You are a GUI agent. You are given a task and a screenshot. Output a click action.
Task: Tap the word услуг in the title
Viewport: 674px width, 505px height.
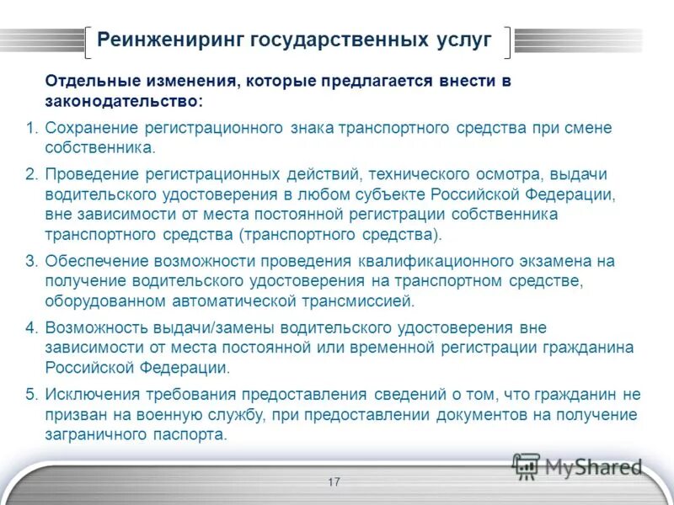point(464,40)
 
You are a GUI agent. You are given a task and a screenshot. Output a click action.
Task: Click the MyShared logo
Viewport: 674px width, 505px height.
point(577,465)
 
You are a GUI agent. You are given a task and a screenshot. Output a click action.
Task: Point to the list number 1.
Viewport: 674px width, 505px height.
point(31,129)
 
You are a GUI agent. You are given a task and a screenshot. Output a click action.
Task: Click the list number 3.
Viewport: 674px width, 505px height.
point(31,261)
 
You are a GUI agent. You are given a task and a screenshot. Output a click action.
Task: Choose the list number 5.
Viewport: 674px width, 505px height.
point(31,395)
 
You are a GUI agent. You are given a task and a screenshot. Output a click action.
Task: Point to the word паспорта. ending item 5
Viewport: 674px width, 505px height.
point(192,435)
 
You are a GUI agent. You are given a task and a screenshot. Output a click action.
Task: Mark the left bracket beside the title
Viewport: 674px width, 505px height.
point(88,41)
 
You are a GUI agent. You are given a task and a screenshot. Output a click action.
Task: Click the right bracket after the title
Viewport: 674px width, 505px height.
point(507,41)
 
